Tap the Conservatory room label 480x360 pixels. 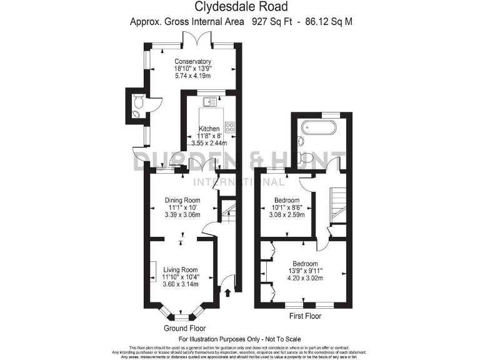[x=192, y=61]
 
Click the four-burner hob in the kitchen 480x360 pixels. [x=229, y=127]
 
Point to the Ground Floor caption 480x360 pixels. [x=184, y=328]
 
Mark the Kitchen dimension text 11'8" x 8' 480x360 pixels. [x=209, y=136]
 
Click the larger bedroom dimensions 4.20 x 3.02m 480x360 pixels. [x=303, y=278]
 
